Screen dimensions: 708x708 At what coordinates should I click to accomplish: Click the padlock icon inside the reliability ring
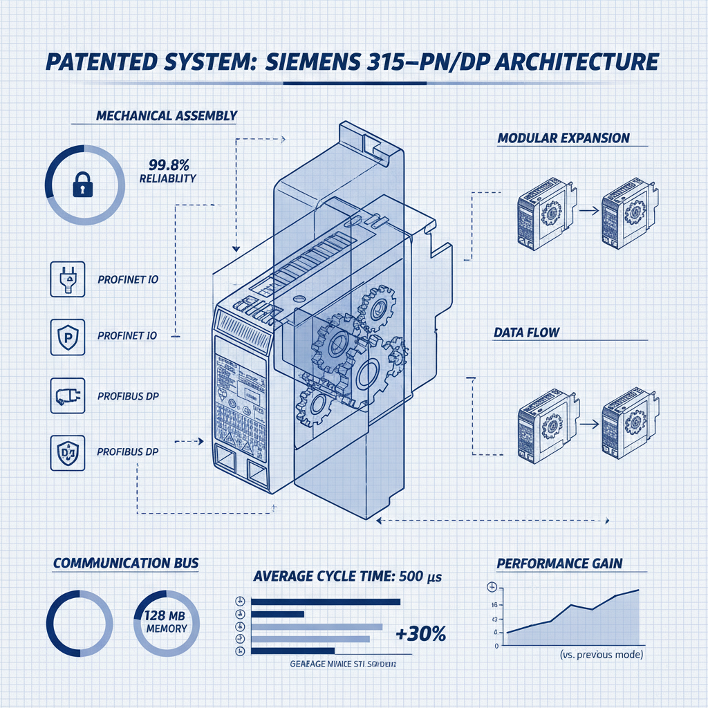point(82,185)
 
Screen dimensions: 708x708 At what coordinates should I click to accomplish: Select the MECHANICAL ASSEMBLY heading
point(166,115)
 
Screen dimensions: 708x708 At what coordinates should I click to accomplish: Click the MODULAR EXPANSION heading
point(563,138)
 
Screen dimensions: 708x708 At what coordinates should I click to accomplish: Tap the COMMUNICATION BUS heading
point(126,563)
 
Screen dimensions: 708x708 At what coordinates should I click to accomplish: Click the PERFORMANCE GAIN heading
point(559,563)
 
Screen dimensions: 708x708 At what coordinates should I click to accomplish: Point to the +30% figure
point(420,633)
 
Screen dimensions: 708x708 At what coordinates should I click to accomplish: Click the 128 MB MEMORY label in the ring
point(166,622)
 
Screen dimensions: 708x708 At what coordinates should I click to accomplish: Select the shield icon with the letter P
point(68,337)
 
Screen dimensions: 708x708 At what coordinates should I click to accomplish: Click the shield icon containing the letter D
point(68,452)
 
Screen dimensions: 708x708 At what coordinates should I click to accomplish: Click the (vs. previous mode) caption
point(600,654)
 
